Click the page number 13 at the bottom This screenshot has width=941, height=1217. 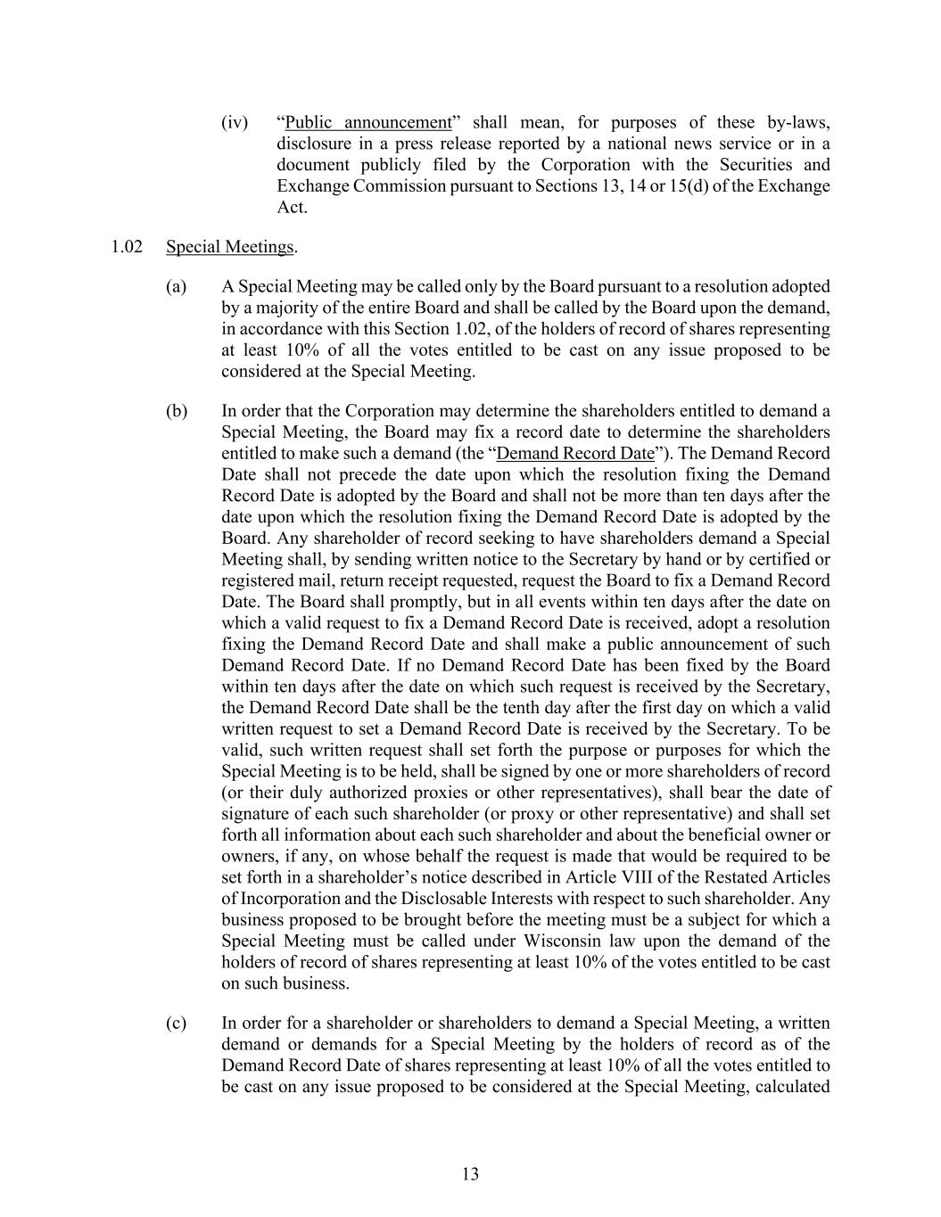coord(470,1174)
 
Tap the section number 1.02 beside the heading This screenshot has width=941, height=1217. coord(128,247)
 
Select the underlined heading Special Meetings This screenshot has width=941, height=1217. coord(229,247)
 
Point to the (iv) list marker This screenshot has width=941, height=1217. coord(235,122)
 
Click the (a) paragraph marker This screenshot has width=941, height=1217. coord(177,286)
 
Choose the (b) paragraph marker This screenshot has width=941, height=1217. coord(177,411)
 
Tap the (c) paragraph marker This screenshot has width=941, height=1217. coord(177,1023)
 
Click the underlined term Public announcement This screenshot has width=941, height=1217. coord(368,122)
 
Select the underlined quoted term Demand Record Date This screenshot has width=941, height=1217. coord(574,453)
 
